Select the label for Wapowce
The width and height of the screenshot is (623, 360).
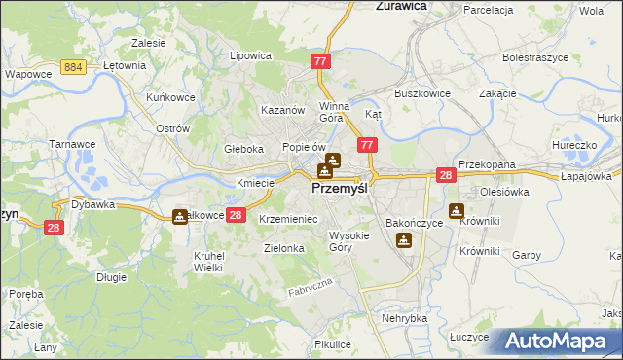[x=27, y=73]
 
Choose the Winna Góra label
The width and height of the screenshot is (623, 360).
[x=334, y=112]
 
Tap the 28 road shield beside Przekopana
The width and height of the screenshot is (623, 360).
[x=446, y=175]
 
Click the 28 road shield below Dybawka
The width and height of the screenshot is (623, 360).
[x=55, y=228]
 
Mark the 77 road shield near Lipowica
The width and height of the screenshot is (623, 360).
[x=322, y=61]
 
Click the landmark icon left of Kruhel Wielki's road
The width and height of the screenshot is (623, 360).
[x=180, y=216]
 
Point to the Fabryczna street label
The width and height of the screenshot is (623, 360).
[x=311, y=287]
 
